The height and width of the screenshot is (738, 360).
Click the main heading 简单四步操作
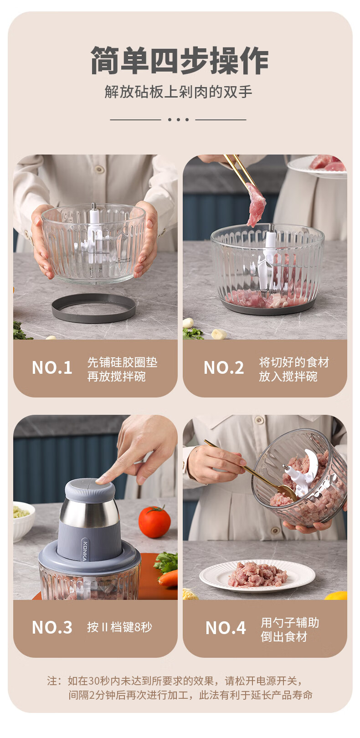pos(180,61)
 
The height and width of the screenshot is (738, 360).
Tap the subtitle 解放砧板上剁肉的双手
pos(179,92)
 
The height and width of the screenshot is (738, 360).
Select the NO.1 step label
pos(52,368)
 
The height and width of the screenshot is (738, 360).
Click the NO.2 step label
pos(224,368)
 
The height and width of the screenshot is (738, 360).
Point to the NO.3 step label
pos(52,627)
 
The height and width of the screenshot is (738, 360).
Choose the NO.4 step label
pos(226,628)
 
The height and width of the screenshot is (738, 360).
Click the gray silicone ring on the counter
pos(94,309)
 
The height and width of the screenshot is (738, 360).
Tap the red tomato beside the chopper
pos(154,522)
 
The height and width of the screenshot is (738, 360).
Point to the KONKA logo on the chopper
pos(85,551)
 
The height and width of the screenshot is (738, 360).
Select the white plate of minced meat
pos(257,576)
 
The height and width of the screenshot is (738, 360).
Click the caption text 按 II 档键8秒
pos(119,627)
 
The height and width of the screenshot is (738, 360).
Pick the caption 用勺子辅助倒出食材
pos(290,630)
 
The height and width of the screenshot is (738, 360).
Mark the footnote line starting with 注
pos(175,681)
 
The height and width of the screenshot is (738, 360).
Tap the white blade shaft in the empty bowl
pos(94,235)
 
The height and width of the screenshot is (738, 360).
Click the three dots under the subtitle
pos(178,119)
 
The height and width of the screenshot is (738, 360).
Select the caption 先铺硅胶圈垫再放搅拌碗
pos(122,369)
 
